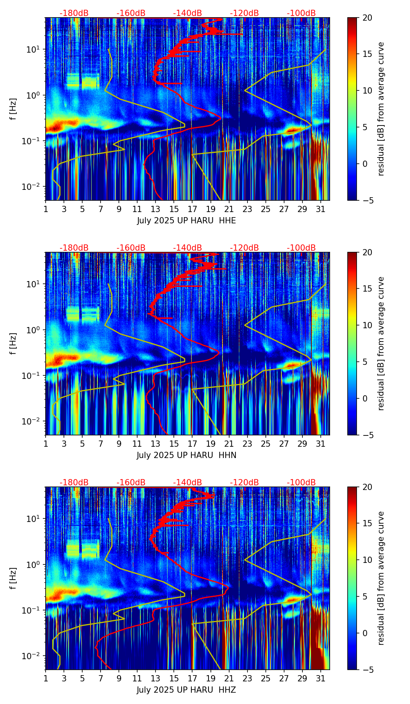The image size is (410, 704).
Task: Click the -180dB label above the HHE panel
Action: point(74,13)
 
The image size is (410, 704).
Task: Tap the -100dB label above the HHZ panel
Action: point(301,483)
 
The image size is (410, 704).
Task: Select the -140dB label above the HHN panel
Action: point(187,248)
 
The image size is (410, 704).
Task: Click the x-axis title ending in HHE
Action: point(186,221)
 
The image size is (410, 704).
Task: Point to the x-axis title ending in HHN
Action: point(186,455)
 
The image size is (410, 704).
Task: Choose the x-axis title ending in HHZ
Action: point(186,690)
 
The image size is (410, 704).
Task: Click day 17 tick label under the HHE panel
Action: point(192,209)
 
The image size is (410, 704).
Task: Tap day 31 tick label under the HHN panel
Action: point(320,444)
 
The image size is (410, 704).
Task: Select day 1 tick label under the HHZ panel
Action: point(46,678)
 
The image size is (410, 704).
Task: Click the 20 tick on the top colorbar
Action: point(367,18)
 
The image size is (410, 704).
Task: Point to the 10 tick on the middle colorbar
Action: point(367,325)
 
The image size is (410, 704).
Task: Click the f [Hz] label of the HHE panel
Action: point(14,109)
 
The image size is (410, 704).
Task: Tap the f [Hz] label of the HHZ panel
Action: point(14,578)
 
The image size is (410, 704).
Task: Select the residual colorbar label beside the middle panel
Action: point(381,343)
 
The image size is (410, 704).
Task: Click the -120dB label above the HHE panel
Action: point(244,13)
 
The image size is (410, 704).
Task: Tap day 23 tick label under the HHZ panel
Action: point(247,678)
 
